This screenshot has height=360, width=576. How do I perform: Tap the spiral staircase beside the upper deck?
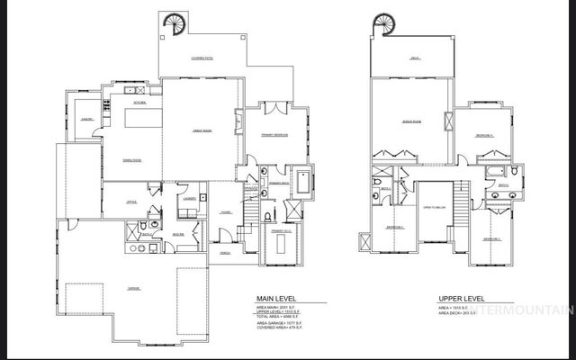point(384,22)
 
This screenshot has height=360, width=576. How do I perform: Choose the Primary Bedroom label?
point(274,134)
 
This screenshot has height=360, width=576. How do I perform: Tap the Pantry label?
point(88,119)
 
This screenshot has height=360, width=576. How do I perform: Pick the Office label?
point(131,202)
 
